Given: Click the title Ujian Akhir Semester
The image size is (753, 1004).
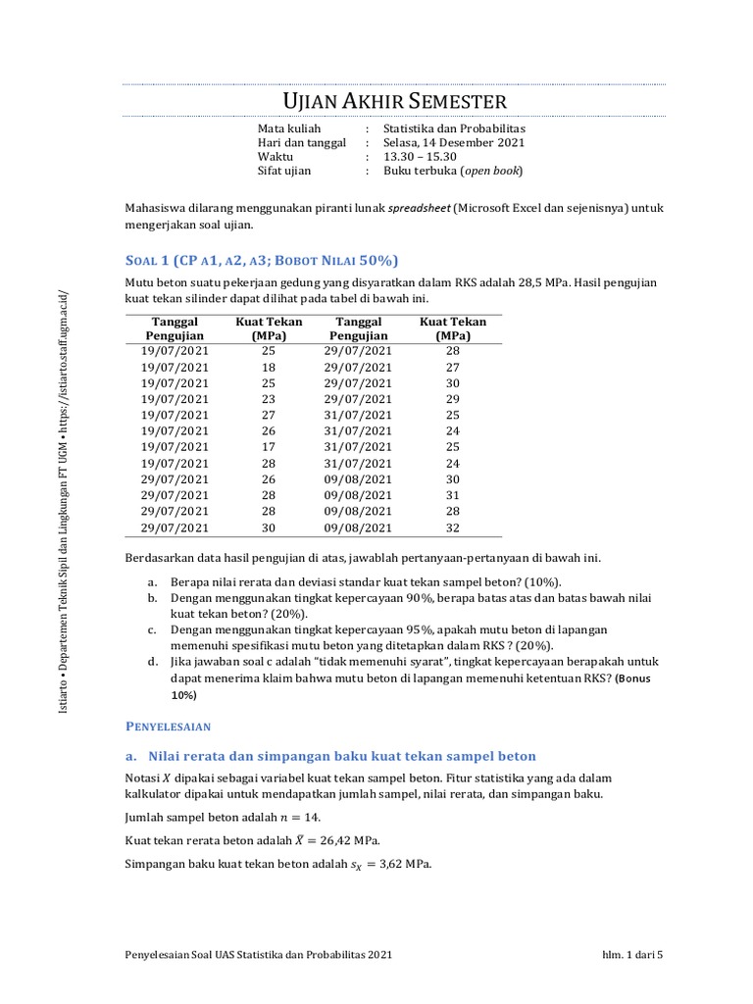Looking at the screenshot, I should pos(395,101).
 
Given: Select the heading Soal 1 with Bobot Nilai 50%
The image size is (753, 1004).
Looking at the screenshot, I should pos(262,260).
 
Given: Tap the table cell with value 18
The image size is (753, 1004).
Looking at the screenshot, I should pos(269,367).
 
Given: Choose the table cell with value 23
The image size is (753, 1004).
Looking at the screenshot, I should pos(269,399).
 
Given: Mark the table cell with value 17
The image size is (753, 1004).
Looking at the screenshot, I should pos(269,447).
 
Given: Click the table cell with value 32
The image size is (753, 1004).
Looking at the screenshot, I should pos(452,527).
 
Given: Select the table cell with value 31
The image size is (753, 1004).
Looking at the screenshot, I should pos(452,495).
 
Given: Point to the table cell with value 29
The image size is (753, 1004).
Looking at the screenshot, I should pos(452,399).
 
